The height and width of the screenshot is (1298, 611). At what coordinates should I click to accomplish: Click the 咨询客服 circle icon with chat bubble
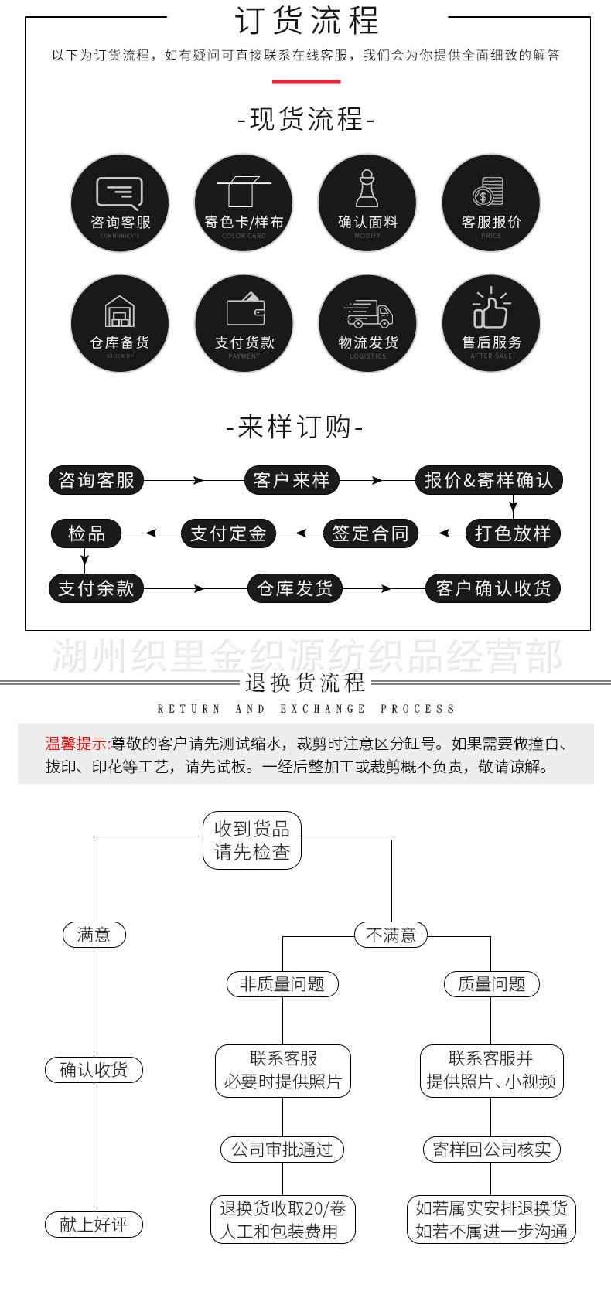120,203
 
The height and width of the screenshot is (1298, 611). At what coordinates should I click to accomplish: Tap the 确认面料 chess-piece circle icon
367,203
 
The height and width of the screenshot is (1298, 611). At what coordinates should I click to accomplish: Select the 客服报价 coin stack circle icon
491,203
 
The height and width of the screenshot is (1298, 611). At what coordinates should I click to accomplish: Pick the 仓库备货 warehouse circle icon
120,324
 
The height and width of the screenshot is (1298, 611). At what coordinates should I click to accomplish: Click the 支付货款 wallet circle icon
244,324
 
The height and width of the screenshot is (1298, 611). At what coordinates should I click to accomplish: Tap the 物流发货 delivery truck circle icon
367,324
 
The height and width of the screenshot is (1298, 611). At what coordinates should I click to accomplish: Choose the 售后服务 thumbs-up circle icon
491,324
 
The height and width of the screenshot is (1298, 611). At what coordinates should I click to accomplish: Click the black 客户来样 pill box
292,480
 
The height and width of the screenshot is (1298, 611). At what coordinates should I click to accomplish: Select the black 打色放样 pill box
512,533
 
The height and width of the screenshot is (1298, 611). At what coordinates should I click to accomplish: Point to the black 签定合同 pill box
370,533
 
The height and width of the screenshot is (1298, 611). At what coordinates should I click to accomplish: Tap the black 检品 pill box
86,533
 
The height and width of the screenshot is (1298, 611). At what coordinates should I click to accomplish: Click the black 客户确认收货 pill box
493,588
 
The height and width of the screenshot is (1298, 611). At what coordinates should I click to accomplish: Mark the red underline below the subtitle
305,81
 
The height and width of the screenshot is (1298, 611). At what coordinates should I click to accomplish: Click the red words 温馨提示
77,744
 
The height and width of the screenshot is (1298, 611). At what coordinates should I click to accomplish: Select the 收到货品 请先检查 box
251,840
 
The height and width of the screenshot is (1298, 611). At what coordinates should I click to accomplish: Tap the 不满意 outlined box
391,935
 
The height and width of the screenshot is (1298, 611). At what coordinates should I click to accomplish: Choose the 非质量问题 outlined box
282,984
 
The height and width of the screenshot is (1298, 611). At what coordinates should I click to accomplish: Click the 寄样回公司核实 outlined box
491,1150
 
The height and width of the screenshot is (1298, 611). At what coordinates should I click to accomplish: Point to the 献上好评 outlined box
94,1225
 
